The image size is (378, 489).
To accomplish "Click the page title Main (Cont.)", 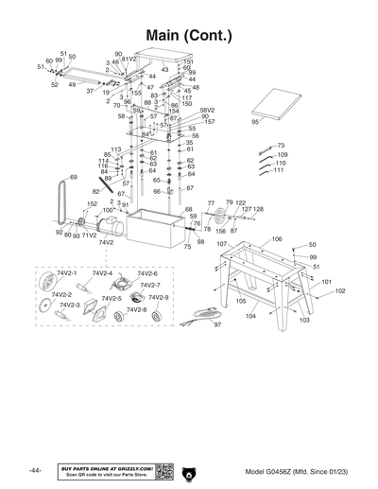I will click(x=189, y=37).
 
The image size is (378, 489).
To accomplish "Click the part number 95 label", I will click(x=254, y=122).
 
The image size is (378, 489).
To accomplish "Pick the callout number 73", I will click(x=281, y=146).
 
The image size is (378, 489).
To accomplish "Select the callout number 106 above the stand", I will click(x=277, y=239).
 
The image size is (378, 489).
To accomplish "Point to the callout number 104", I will click(x=251, y=317).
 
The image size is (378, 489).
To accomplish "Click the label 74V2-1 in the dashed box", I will click(x=66, y=272).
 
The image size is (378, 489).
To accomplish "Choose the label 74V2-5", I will click(x=112, y=299).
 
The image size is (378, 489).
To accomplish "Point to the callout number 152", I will click(x=92, y=204).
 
